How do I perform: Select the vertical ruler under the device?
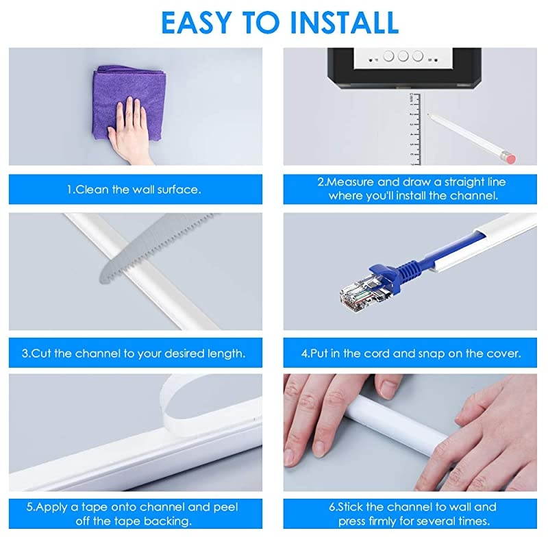[x=414, y=130]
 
